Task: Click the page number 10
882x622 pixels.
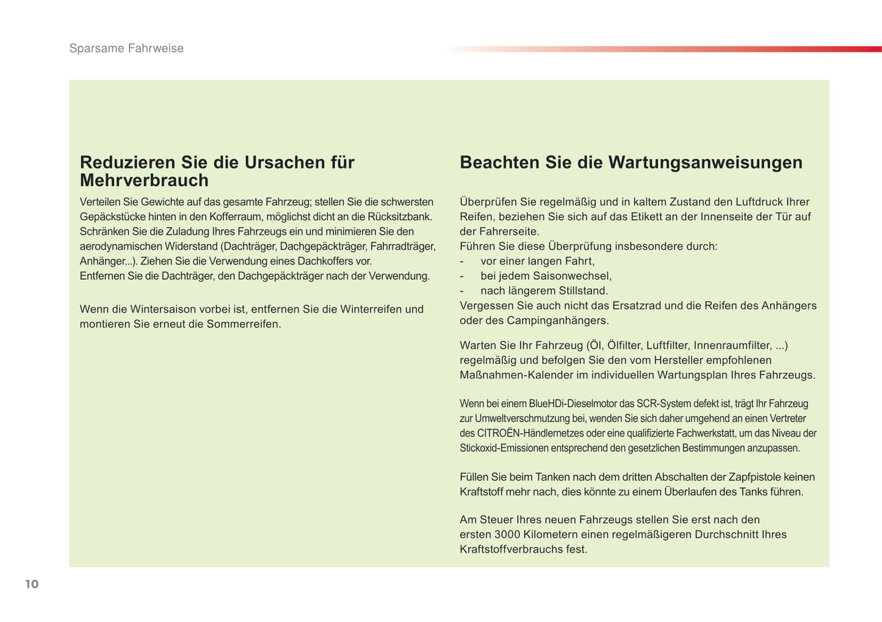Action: click(32, 584)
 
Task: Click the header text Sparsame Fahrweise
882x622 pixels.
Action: click(126, 48)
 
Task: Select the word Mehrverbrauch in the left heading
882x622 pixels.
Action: click(144, 181)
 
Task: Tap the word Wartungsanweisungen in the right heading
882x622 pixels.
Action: click(705, 162)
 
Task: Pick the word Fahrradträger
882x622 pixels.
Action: click(403, 247)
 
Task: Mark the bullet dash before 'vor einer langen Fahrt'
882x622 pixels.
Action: click(462, 261)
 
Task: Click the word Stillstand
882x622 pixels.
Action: click(583, 291)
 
